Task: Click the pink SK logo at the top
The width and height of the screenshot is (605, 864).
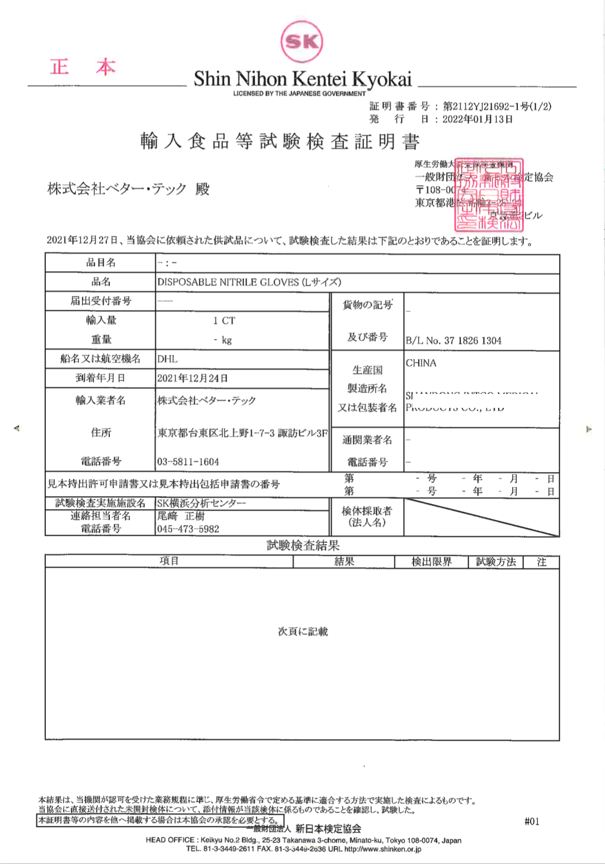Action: (302, 41)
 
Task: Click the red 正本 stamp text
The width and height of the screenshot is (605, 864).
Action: (83, 67)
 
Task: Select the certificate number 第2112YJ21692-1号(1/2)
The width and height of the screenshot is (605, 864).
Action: (497, 106)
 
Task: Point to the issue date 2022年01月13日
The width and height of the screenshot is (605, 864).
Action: (478, 119)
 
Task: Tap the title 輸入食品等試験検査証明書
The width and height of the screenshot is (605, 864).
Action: (280, 141)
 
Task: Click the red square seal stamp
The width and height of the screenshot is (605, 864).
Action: (488, 195)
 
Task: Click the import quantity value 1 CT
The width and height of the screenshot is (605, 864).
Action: (224, 321)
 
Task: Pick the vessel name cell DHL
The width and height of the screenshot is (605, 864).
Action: (167, 359)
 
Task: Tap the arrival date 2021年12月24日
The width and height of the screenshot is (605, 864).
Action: (193, 379)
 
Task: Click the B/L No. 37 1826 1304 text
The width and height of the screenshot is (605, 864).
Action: (453, 341)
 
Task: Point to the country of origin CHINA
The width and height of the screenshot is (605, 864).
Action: (421, 363)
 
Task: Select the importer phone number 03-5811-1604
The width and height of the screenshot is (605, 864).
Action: (188, 462)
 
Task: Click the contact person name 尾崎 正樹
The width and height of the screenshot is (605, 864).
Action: (181, 516)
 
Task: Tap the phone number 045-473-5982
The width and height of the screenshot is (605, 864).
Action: (188, 529)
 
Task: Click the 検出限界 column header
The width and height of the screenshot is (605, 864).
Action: (431, 562)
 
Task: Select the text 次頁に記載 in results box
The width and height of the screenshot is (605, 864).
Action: (303, 631)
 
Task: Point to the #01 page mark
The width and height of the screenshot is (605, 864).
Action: (532, 821)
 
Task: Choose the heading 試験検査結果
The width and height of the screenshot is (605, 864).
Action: (303, 546)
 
